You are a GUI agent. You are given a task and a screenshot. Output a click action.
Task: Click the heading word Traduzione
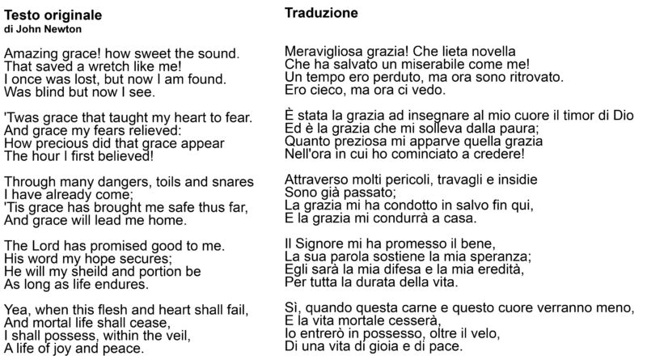coord(321,14)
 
